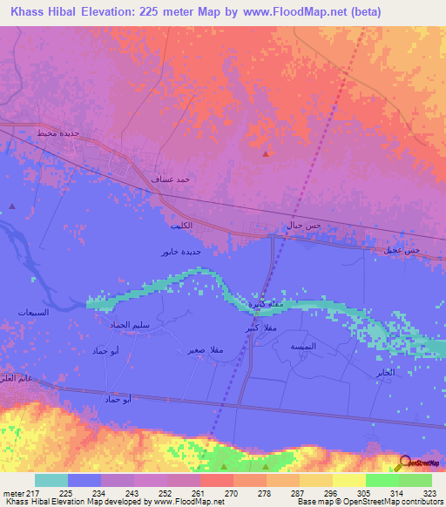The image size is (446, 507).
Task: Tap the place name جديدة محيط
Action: [58, 133]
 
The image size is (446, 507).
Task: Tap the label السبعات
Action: [34, 312]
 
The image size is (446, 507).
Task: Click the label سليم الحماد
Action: [129, 324]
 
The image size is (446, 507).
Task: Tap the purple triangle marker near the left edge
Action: [12, 206]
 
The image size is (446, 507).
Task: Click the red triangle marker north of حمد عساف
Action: [265, 153]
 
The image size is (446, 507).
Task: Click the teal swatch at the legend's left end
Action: [51, 480]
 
